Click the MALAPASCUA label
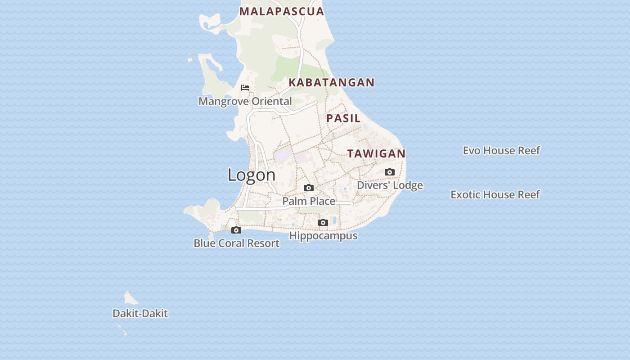[x=282, y=12]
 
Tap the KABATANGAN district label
[x=332, y=82]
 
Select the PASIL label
[x=343, y=118]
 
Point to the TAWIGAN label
[x=376, y=153]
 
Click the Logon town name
[x=252, y=175]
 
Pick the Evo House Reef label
[x=501, y=150]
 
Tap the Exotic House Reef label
[x=495, y=194]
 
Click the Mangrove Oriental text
[x=245, y=101]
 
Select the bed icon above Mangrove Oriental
[x=245, y=87]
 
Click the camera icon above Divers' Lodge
[x=390, y=172]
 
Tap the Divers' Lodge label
[x=390, y=185]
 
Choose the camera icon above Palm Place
[x=309, y=188]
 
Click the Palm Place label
[x=309, y=201]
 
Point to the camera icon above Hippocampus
[x=323, y=222]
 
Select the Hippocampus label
[x=323, y=236]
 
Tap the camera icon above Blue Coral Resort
[x=236, y=230]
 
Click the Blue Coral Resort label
[x=236, y=243]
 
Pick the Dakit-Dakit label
[x=140, y=314]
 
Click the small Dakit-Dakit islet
[x=130, y=298]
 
